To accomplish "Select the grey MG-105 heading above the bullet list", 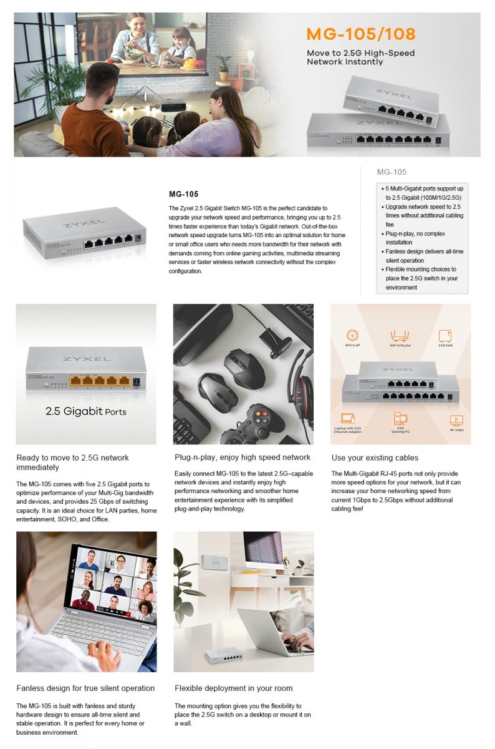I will coord(392,172).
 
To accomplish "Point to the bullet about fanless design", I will coord(423,255).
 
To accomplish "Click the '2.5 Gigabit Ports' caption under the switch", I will coord(86,411).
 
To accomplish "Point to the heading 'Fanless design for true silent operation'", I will coord(85,688).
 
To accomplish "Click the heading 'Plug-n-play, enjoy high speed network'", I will coord(243,458).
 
